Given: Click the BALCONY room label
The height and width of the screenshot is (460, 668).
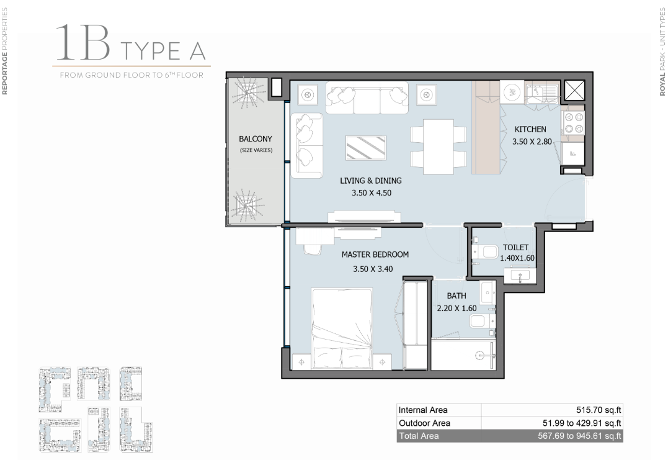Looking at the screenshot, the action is tap(255, 139).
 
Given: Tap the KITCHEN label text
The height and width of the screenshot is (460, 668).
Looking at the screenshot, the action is tap(530, 129).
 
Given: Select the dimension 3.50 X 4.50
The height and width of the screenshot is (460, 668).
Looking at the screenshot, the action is tap(372, 192).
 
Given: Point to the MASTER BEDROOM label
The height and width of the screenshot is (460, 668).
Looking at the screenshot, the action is tap(375, 255).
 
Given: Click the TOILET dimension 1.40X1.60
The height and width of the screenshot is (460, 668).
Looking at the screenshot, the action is tap(517, 258).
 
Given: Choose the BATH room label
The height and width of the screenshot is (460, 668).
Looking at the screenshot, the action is tap(456, 296).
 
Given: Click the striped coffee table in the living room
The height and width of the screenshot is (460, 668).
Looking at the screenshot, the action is tap(366, 148).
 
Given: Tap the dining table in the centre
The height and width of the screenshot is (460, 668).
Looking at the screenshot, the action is tap(439, 147).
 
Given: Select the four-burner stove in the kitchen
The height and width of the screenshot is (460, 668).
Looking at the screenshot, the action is tap(574, 123).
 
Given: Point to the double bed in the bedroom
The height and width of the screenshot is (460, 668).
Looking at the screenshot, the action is tap(342, 328).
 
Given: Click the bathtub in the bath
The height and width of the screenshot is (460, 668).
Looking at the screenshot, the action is tap(463, 354).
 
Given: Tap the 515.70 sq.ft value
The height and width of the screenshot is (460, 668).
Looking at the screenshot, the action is tap(599, 410).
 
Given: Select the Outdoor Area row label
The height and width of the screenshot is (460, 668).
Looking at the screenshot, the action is tap(424, 423).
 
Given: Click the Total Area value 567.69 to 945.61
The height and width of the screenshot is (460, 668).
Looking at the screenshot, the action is tap(579, 436).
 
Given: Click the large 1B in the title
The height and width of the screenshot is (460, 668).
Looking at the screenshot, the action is tap(83, 43).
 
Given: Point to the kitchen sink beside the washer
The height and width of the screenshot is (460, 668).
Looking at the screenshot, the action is tap(541, 92).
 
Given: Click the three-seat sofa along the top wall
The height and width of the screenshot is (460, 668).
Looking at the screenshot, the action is tap(367, 97).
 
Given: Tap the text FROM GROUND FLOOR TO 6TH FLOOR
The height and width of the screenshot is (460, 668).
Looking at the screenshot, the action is tap(131, 75).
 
